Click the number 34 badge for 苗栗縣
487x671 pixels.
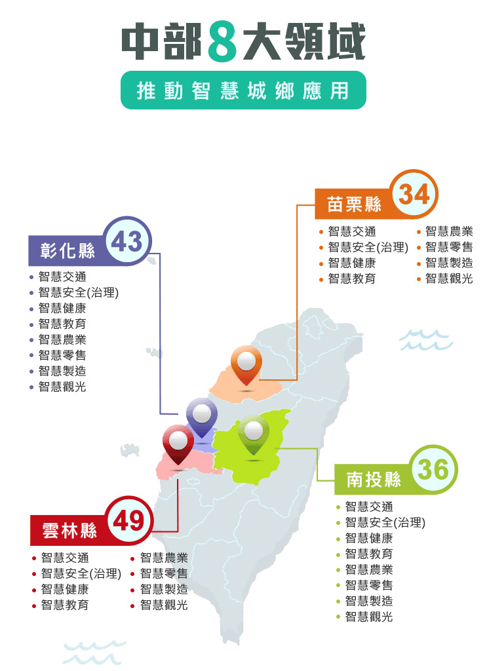[414, 194]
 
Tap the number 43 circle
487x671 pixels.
[127, 241]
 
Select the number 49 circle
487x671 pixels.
[128, 522]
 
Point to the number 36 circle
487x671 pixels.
[433, 470]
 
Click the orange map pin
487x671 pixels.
[246, 364]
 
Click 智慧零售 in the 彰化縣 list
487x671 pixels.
[62, 355]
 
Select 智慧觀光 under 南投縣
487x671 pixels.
[369, 617]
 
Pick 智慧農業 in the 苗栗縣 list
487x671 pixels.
[449, 231]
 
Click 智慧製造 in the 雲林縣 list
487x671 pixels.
[164, 589]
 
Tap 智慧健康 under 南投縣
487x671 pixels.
[369, 538]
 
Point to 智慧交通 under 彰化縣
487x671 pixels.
[62, 277]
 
